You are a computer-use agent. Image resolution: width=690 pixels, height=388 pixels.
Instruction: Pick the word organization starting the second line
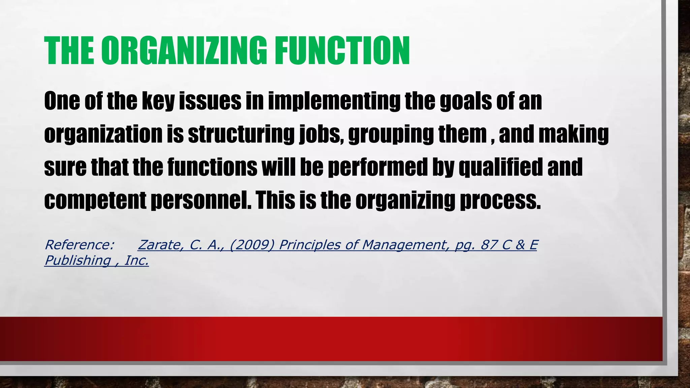[x=103, y=134]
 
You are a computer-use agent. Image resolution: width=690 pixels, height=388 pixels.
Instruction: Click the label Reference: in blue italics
[x=80, y=245]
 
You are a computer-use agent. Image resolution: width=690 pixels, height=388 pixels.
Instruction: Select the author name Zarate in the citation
[x=160, y=245]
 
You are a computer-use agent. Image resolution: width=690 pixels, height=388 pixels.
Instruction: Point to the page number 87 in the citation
[x=489, y=245]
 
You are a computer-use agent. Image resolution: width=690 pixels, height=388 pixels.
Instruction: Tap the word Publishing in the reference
[x=78, y=260]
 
